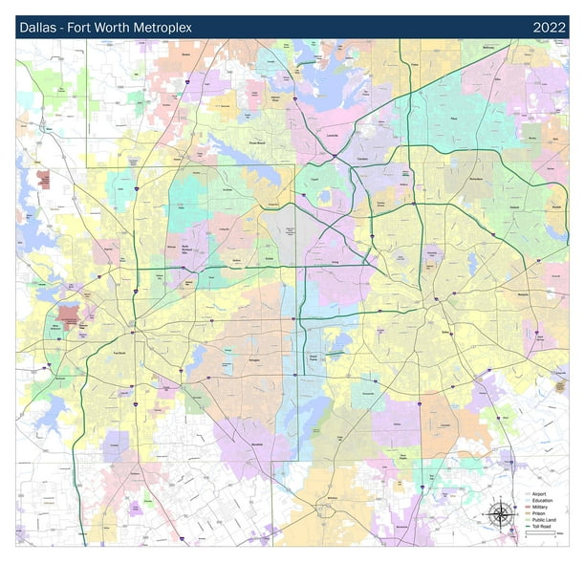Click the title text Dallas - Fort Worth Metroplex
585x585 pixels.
click(x=105, y=28)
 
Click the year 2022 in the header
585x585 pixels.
click(x=548, y=28)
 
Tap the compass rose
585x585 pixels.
click(x=500, y=513)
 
